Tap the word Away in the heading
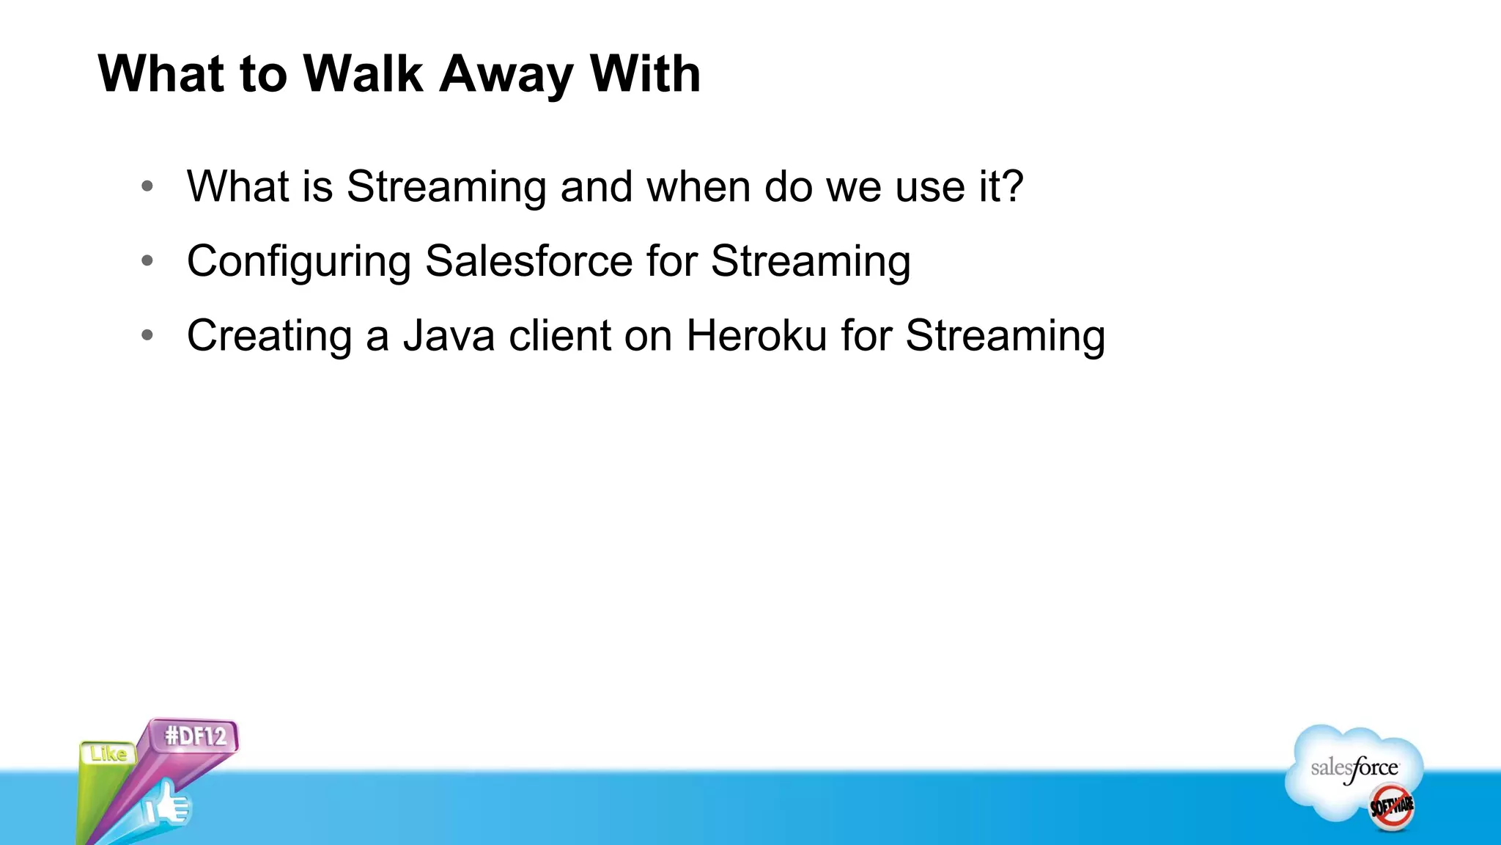click(x=506, y=74)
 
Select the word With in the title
click(x=645, y=74)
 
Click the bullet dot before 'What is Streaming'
click(x=147, y=186)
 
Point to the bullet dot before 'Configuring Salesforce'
click(x=147, y=260)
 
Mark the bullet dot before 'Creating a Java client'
click(x=147, y=335)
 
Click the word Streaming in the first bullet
click(x=446, y=188)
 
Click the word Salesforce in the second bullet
click(x=528, y=261)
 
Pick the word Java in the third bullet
click(x=449, y=336)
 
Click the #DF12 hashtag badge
click(x=196, y=736)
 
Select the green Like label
click(x=108, y=753)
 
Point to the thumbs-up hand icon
click(x=167, y=805)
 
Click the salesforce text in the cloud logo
click(x=1354, y=769)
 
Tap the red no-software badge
click(x=1391, y=807)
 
